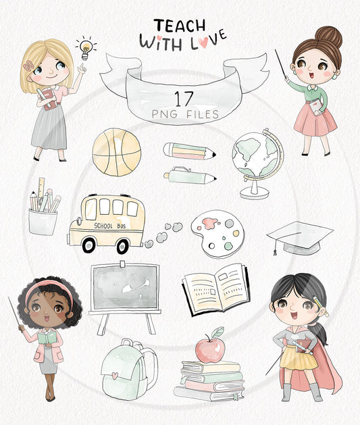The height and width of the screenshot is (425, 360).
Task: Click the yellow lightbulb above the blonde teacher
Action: tap(86, 49)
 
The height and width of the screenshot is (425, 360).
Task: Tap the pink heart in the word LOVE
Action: tap(203, 42)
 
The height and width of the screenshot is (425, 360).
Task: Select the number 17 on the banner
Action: tap(184, 99)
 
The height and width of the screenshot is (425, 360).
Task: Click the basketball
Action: tap(117, 152)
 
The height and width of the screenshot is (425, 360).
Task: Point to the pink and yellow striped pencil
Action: tap(189, 151)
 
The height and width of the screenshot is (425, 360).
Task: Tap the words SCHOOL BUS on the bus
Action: tap(110, 226)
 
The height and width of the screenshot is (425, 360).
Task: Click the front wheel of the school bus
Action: tap(89, 245)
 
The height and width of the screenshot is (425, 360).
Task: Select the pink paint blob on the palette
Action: tap(210, 223)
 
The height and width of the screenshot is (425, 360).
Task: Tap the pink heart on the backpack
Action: tap(115, 376)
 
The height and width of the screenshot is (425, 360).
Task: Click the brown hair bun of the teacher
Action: tap(328, 36)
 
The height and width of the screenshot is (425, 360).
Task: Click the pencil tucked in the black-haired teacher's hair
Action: tap(322, 306)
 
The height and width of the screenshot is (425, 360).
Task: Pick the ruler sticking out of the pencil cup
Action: tap(41, 188)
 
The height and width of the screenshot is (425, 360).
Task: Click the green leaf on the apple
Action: tap(217, 332)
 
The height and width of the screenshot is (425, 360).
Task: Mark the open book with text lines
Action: tap(216, 289)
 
